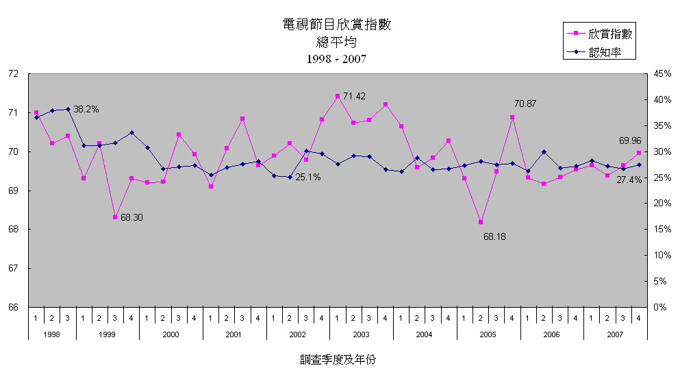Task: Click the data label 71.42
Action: [x=354, y=97]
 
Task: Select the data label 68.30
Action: [x=131, y=217]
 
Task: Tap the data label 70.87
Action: [x=525, y=103]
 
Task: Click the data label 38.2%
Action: [x=86, y=109]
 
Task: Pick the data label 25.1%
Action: [x=308, y=177]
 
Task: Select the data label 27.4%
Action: [x=629, y=180]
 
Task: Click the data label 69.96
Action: [x=630, y=140]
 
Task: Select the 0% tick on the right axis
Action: [x=658, y=307]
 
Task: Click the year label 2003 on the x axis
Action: [x=360, y=334]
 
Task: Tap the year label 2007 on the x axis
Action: [x=614, y=334]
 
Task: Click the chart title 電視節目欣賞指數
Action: [x=337, y=25]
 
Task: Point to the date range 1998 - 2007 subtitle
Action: [x=337, y=59]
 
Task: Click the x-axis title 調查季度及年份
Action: [x=338, y=359]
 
